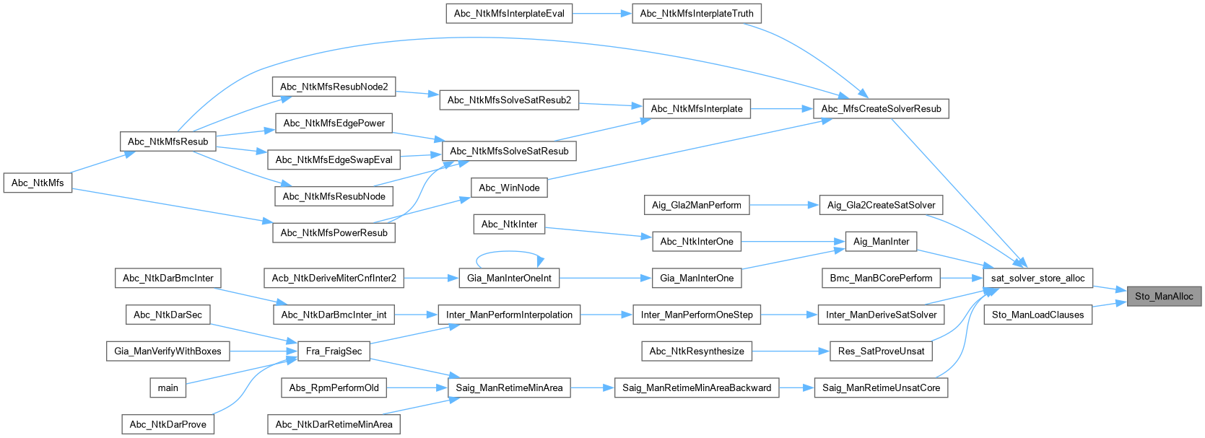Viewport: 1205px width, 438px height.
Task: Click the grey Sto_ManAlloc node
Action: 1164,296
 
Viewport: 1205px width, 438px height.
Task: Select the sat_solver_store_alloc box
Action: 1037,278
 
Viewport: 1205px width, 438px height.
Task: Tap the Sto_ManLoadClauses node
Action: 1037,315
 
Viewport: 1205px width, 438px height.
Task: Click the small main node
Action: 168,387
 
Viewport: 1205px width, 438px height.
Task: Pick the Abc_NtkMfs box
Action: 38,183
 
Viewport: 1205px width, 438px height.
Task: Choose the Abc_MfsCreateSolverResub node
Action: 881,108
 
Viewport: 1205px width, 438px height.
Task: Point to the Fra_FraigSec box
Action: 334,351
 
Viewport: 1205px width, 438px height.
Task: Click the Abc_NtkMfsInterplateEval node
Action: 509,13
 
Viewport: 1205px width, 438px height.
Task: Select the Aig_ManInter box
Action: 881,241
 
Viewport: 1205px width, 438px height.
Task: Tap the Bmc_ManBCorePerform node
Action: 881,278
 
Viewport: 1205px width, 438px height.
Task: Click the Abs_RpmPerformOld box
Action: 334,387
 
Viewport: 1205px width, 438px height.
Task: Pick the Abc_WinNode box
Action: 509,188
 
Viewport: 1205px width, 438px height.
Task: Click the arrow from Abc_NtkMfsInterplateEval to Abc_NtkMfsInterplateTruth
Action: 602,13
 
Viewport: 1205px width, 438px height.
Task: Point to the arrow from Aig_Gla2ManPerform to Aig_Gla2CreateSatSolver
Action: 784,205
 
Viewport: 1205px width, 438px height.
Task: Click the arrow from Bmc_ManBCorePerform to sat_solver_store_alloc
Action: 962,278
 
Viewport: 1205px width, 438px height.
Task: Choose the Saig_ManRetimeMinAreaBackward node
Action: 697,387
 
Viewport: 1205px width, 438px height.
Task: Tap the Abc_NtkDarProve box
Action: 168,424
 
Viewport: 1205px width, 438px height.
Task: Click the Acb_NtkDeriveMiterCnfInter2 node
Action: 334,278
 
